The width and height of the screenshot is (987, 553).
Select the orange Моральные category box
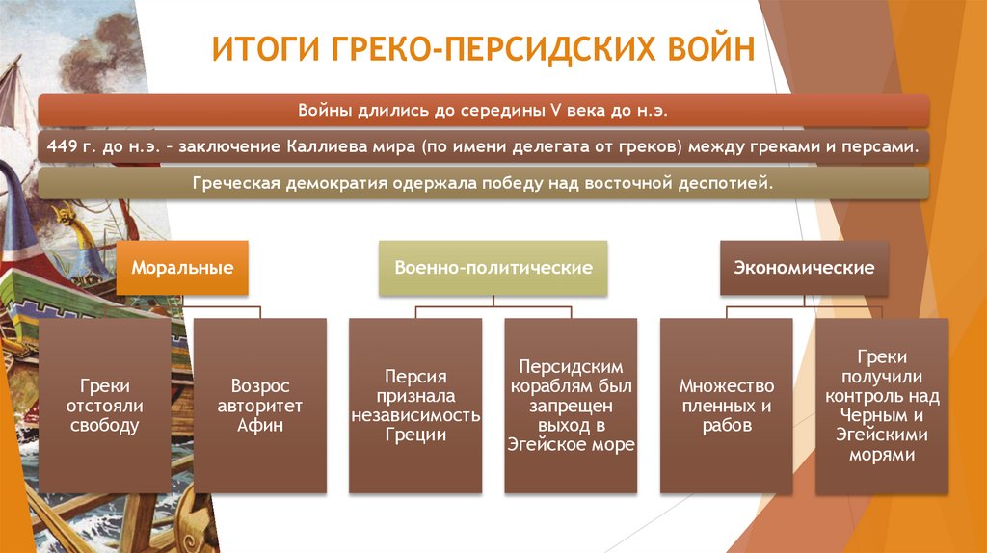point(182,267)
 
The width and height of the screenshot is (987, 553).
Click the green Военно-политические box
point(493,267)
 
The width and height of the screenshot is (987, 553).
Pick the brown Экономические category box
point(803,267)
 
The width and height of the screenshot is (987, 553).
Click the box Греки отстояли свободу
point(104,405)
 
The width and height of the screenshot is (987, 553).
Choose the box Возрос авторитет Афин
point(259,405)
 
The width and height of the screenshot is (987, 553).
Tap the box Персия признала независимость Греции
point(414,405)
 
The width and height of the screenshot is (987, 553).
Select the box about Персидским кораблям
point(571,405)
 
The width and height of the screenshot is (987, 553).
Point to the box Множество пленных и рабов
point(726,405)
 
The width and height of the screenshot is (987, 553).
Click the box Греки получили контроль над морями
point(882,405)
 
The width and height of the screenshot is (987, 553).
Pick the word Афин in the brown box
point(259,425)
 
